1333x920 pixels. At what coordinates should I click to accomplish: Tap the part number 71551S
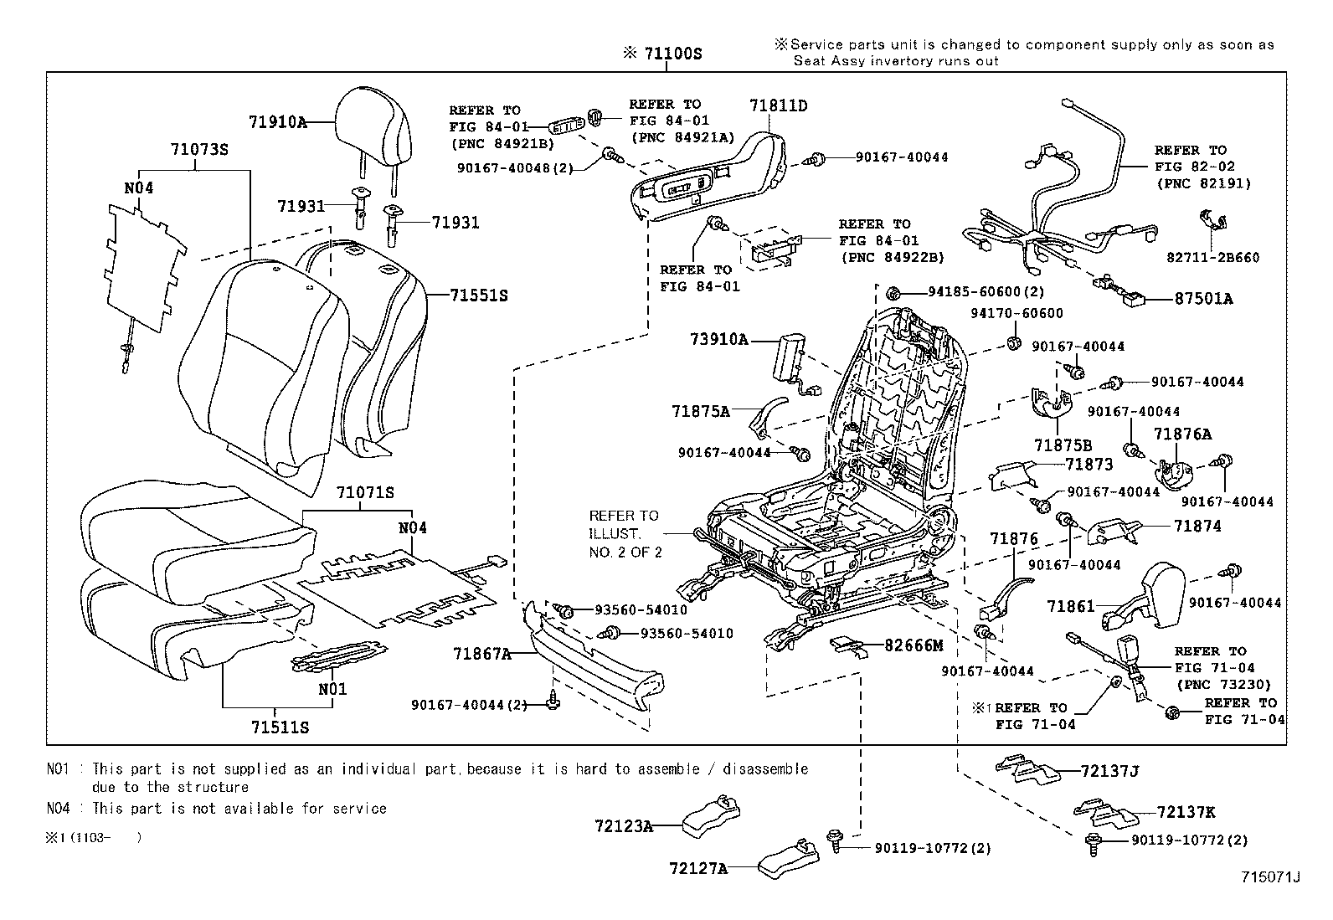coord(478,296)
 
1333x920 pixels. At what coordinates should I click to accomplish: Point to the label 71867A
coord(482,653)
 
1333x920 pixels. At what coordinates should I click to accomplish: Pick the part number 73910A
coord(718,339)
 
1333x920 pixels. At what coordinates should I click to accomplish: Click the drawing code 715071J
coord(1269,876)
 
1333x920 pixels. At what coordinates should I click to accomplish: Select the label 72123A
coord(624,826)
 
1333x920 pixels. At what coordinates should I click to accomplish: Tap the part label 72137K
coord(1186,812)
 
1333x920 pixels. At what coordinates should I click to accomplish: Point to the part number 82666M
coord(914,645)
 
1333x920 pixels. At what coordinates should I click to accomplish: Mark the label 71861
coord(1070,606)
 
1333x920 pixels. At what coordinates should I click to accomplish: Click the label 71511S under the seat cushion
coord(280,727)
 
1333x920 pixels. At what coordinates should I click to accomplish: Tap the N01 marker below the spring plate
coord(332,689)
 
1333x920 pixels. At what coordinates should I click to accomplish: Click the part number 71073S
coord(199,150)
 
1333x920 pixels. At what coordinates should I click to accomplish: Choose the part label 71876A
coord(1182,434)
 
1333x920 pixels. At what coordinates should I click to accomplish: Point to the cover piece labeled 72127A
coord(787,861)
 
